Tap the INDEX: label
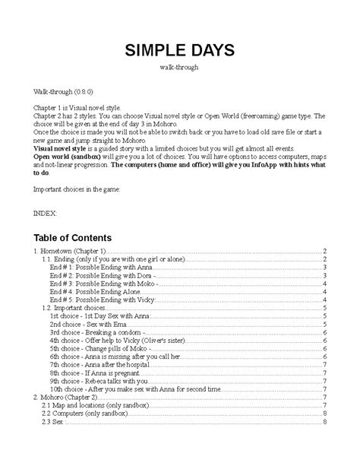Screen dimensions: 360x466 (x=45, y=214)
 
